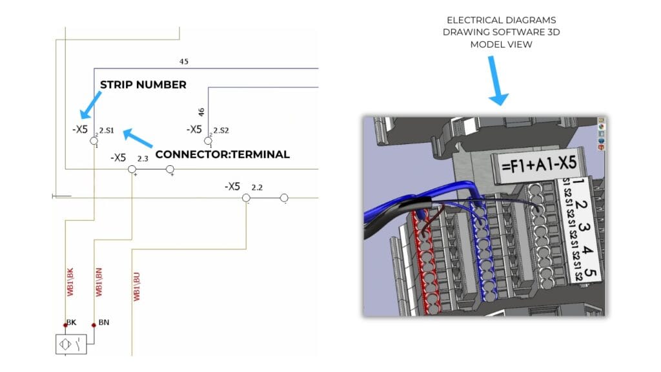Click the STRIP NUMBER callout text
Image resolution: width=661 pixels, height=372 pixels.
[x=143, y=85]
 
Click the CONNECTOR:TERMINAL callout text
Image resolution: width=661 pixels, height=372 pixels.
[x=222, y=154]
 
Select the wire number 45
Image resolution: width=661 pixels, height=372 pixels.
[x=184, y=62]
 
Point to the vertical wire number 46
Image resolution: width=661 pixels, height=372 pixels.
[x=201, y=112]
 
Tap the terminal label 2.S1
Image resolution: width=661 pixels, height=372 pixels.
[x=107, y=130]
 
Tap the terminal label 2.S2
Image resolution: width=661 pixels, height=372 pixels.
[x=221, y=130]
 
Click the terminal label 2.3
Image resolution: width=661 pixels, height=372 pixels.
[x=143, y=158]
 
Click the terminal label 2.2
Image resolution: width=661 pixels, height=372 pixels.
[x=256, y=187]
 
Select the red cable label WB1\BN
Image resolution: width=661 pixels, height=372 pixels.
[x=99, y=283]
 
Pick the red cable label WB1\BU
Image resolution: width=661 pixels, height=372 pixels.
[x=136, y=286]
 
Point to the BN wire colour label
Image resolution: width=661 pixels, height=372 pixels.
[x=103, y=322]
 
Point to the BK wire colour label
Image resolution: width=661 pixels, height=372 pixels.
[x=71, y=322]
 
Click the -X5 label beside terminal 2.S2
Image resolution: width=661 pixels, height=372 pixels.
[x=194, y=129]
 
